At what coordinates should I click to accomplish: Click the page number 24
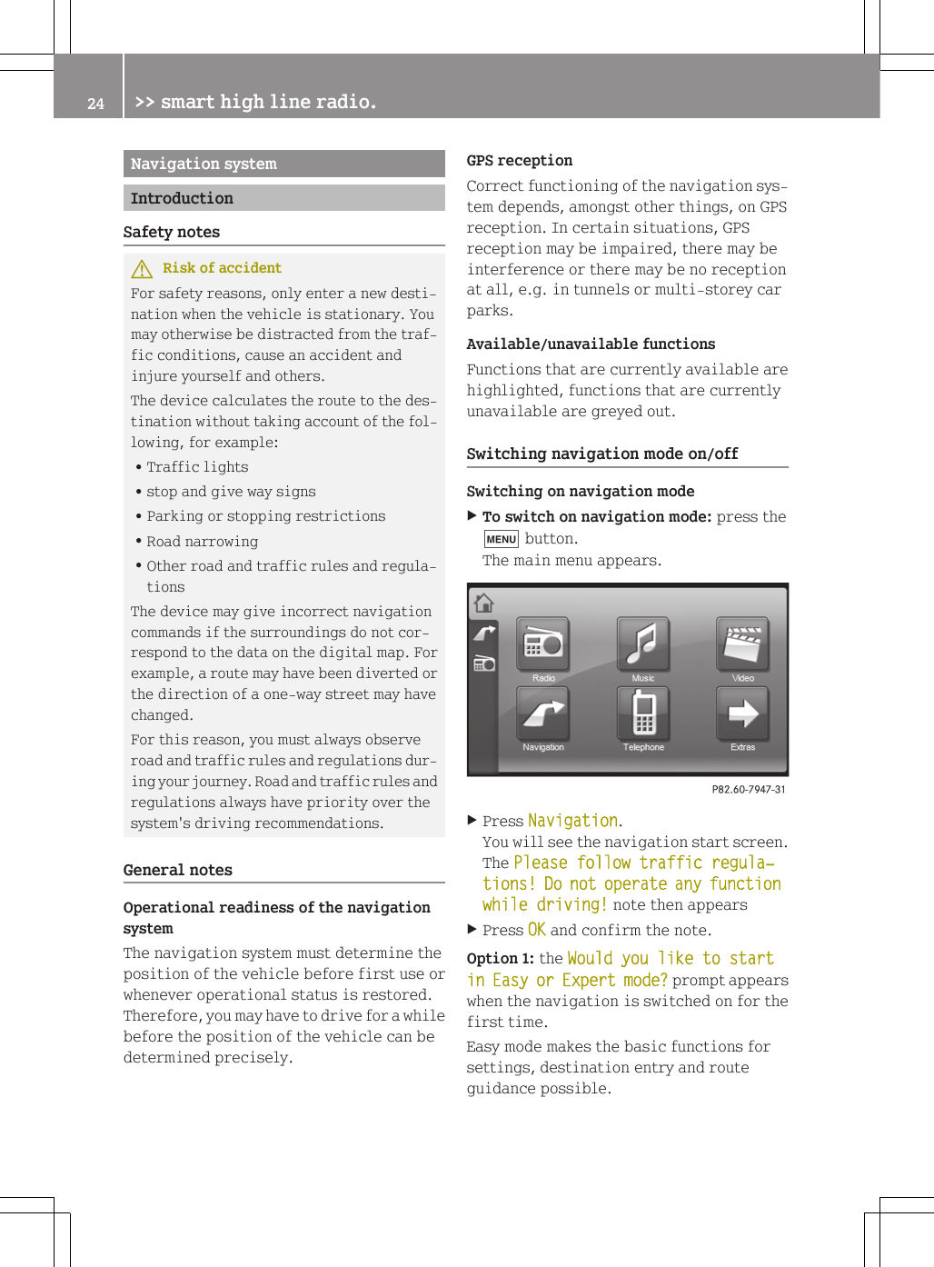95,104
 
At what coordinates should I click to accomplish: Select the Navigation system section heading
204,164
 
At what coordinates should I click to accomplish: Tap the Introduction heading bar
182,198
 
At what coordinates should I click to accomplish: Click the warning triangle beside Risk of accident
142,269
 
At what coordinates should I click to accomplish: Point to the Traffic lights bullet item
197,467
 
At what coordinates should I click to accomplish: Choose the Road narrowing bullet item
202,542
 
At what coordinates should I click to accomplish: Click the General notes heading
178,870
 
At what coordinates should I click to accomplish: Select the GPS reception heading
519,161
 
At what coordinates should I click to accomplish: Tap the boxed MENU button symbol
501,539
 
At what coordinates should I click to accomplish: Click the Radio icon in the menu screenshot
543,644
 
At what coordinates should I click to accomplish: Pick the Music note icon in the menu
643,644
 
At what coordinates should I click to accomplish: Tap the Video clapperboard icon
742,644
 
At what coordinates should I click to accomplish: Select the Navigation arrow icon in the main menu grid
543,713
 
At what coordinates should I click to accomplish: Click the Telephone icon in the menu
643,713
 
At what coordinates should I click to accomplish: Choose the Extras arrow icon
742,713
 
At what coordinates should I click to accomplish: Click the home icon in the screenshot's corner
484,603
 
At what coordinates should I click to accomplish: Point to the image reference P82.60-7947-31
748,790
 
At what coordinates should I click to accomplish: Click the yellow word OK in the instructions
536,930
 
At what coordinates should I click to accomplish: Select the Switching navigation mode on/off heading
601,454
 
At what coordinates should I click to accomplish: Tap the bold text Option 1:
500,959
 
